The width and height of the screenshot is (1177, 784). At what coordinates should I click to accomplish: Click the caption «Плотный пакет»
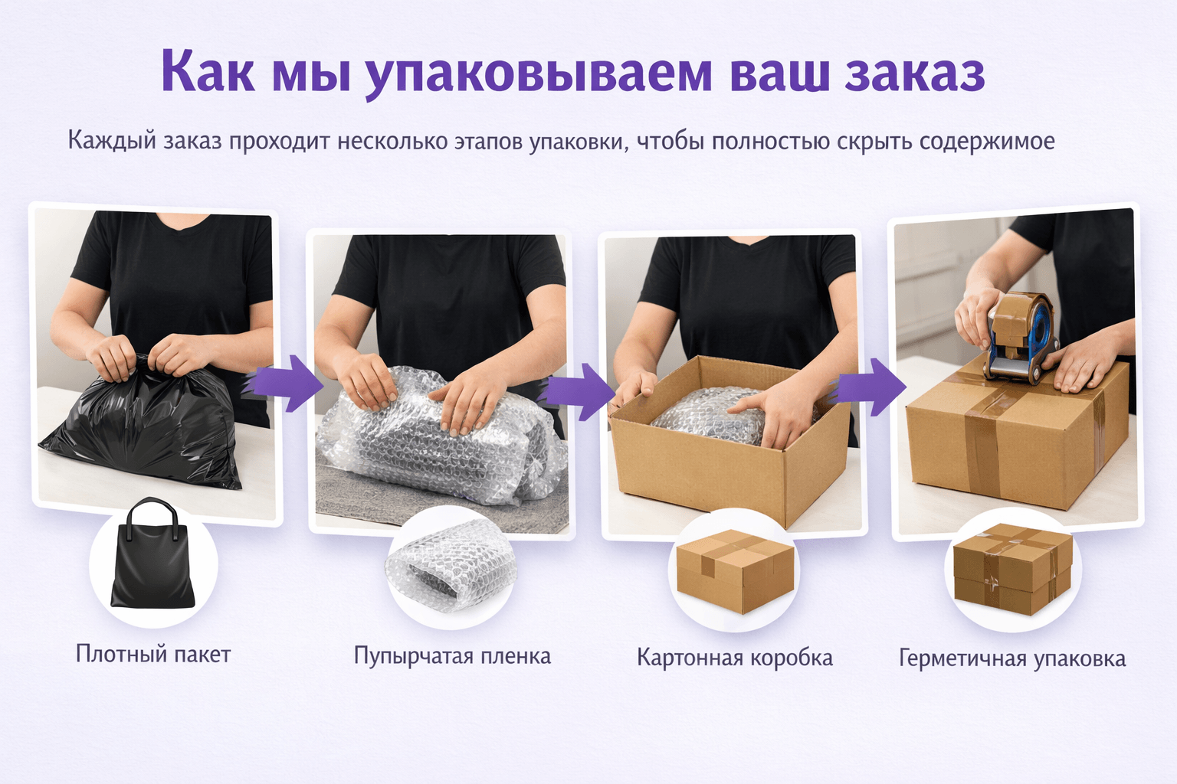(x=153, y=654)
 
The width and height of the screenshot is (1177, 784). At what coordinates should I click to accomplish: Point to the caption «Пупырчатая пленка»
(x=452, y=656)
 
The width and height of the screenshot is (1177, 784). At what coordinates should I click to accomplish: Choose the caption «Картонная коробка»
(x=734, y=658)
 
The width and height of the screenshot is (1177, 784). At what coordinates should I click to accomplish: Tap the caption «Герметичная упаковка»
(x=1011, y=658)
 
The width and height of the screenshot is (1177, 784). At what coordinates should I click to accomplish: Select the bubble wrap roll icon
(x=451, y=567)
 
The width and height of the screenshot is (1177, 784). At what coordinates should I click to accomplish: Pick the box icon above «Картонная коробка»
(x=734, y=570)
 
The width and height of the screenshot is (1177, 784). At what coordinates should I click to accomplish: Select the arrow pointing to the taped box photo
(x=870, y=387)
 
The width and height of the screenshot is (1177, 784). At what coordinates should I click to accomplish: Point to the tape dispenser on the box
(x=1019, y=337)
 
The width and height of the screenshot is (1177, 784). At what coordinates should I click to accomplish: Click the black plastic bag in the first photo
(x=146, y=429)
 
